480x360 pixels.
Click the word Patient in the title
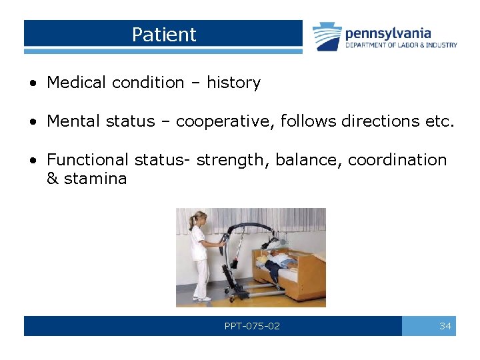coord(164,35)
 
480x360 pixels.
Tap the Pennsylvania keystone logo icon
coord(327,37)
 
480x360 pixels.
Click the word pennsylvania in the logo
coord(388,33)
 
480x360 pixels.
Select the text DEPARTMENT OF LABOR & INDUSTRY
coord(401,45)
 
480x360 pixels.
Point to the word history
coord(233,83)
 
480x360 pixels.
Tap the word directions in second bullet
coord(350,121)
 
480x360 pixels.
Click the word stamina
coord(95,179)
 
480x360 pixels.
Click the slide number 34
coord(445,326)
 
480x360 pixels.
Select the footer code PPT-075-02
coord(252,326)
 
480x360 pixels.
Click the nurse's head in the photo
coord(198,218)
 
